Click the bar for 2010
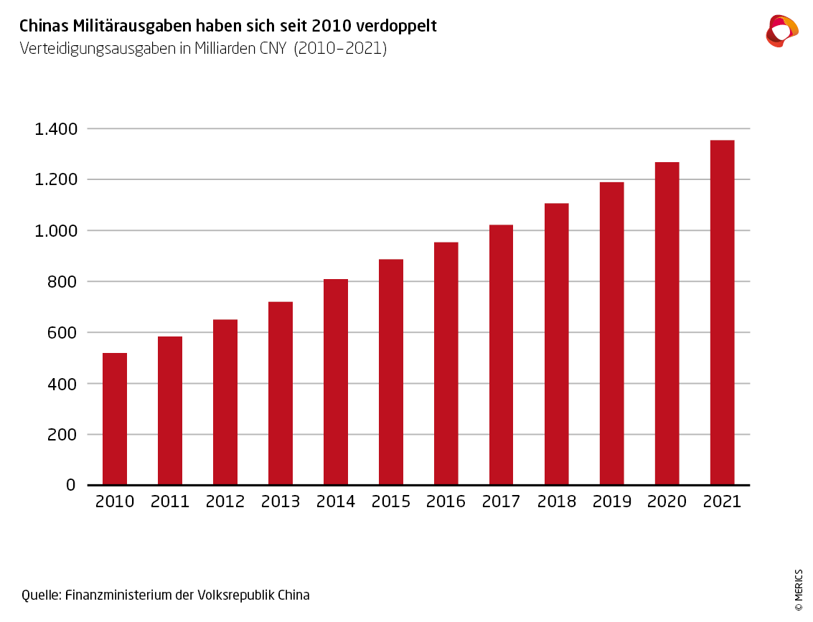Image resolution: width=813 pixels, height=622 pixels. click(115, 419)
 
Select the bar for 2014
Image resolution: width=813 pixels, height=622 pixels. click(336, 382)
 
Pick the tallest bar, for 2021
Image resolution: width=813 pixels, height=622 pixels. click(722, 312)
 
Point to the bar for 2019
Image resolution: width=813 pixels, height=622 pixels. click(611, 334)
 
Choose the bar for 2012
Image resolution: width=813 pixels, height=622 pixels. click(225, 402)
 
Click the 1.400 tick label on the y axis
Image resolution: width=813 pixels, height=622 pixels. click(55, 129)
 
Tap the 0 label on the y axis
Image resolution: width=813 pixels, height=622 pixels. click(71, 485)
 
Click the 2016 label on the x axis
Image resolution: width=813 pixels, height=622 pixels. click(446, 501)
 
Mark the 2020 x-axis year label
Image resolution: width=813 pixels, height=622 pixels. click(667, 501)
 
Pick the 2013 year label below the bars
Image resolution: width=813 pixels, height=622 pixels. click(281, 501)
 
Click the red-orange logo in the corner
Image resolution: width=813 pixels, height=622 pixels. click(781, 30)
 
